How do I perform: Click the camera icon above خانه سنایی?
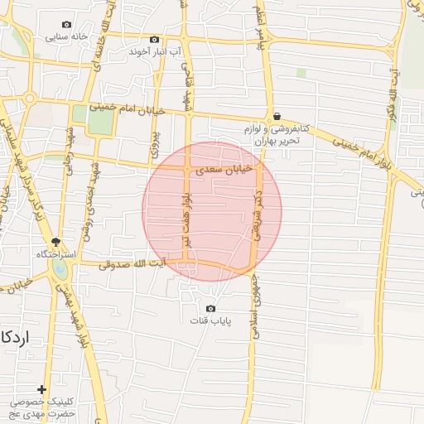67,25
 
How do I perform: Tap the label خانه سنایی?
67,36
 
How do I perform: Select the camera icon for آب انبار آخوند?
154,40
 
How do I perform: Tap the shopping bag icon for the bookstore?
276,117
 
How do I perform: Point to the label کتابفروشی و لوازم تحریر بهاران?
276,134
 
